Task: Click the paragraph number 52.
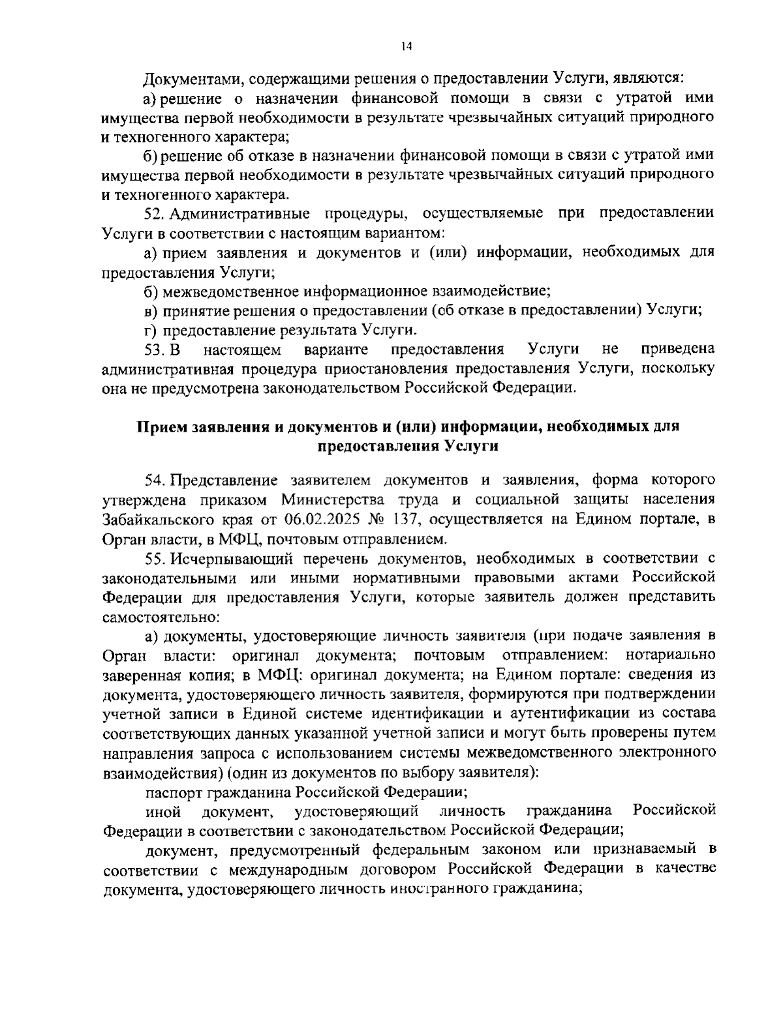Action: click(155, 213)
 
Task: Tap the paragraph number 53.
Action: click(155, 350)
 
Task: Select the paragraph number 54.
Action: click(155, 481)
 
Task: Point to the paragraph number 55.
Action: click(155, 558)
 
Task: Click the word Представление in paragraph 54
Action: click(219, 481)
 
